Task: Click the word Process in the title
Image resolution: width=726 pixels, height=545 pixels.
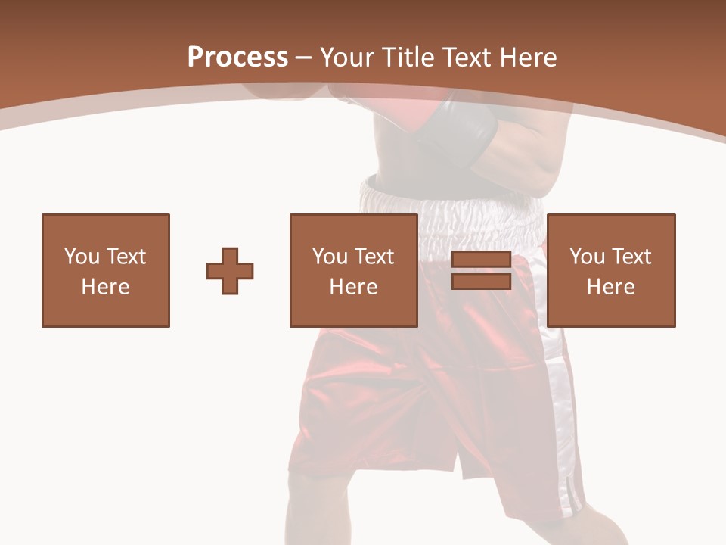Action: (x=237, y=58)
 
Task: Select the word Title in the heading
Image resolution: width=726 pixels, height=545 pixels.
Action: (x=407, y=58)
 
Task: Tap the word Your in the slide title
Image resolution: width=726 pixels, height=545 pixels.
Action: (x=349, y=58)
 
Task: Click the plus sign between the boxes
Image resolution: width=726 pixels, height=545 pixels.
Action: (x=230, y=271)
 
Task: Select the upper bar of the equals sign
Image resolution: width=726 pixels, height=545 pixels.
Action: (x=481, y=260)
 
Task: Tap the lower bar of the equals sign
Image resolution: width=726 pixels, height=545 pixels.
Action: (x=481, y=282)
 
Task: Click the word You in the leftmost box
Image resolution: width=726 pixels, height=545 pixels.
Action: (x=81, y=257)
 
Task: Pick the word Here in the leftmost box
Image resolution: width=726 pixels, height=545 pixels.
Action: (x=105, y=287)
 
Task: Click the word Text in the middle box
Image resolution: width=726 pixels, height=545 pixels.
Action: (x=374, y=257)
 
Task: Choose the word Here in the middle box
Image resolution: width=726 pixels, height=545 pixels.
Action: (x=353, y=287)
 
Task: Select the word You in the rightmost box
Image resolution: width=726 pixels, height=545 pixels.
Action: (x=587, y=257)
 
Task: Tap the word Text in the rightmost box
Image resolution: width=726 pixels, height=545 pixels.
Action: (x=631, y=257)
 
